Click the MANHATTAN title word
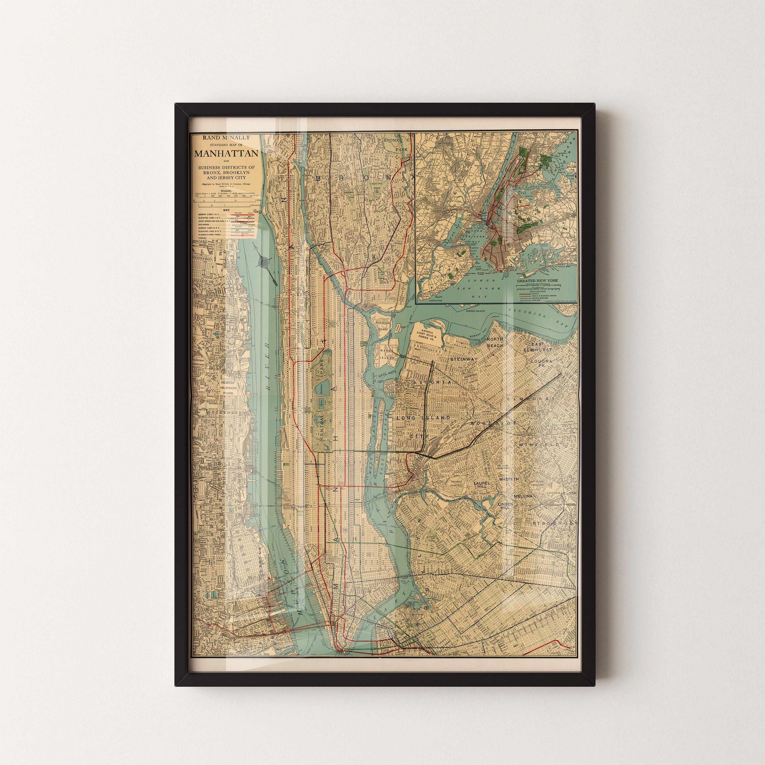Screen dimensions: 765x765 point(226,154)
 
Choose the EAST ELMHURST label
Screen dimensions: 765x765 point(537,347)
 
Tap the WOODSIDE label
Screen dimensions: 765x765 point(493,423)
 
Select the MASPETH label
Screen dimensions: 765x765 point(508,479)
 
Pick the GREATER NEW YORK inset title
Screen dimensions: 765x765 point(537,280)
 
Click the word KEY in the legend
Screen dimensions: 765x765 point(226,210)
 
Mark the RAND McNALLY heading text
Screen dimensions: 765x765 point(226,138)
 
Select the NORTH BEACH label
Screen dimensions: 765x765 point(495,342)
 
